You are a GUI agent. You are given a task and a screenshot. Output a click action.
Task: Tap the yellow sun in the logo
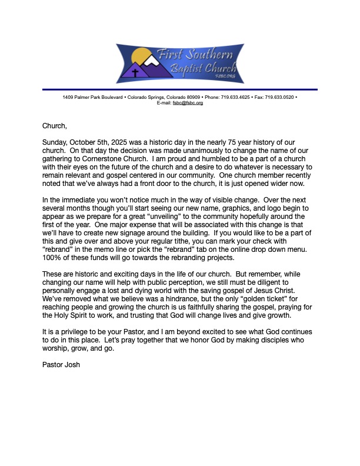[x=141, y=57]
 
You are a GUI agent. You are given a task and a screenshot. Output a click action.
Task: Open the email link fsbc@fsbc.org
[x=188, y=102]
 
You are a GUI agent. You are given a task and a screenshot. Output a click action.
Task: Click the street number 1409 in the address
[x=69, y=96]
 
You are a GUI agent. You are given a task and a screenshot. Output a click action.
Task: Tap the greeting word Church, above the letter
[x=55, y=125]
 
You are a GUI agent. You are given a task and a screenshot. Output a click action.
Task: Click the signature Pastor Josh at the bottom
[x=61, y=365]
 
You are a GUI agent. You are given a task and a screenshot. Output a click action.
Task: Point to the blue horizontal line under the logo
[x=180, y=89]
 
